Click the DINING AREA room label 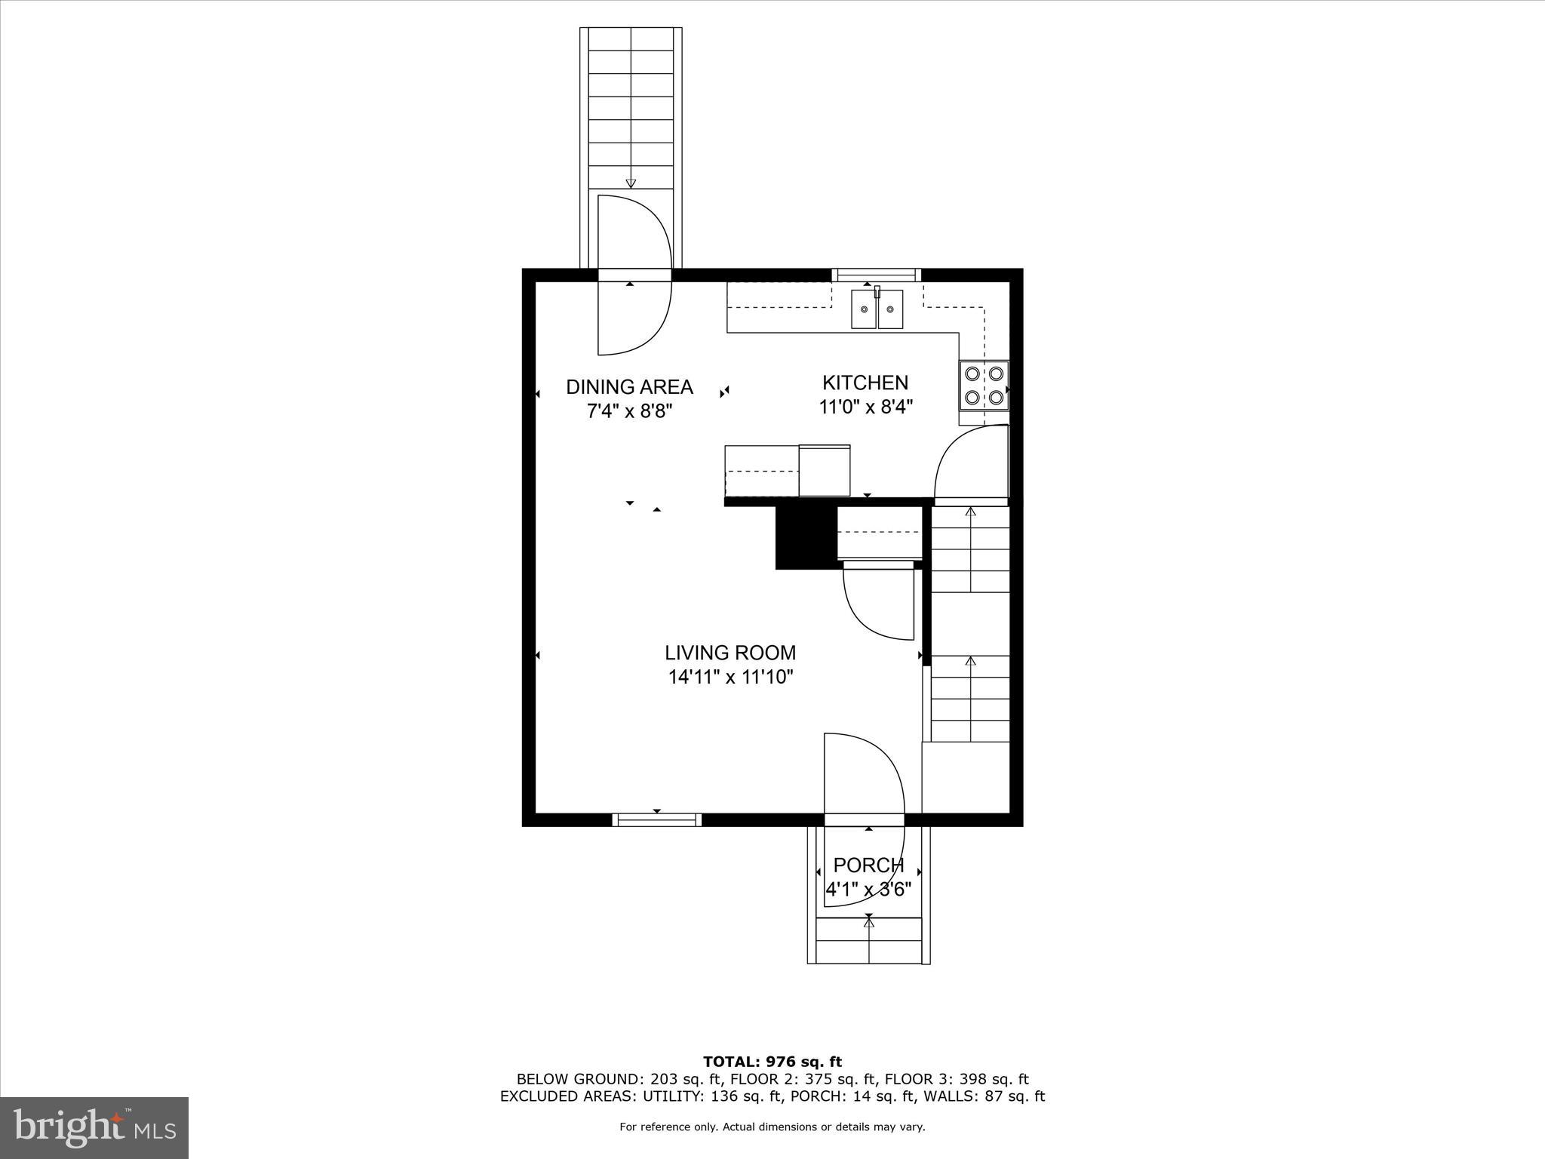click(629, 387)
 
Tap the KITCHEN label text click(865, 383)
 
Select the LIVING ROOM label click(730, 653)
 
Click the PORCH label click(868, 865)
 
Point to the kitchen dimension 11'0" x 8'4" click(866, 407)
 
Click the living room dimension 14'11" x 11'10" click(730, 677)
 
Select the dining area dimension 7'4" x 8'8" click(629, 411)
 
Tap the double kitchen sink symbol click(877, 309)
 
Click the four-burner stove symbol click(984, 385)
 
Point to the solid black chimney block click(806, 537)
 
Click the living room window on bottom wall click(656, 819)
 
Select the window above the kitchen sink click(876, 275)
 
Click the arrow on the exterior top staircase click(631, 183)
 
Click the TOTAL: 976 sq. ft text click(772, 1062)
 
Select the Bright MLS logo click(94, 1128)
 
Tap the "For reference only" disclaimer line click(772, 1127)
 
